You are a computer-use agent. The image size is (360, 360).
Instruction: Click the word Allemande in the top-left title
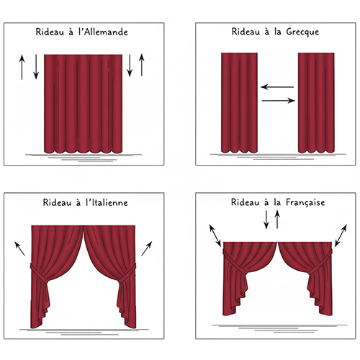(x=103, y=32)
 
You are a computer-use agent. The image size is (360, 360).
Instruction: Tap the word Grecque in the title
(x=302, y=32)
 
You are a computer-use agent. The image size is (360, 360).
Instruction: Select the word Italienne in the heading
(x=107, y=202)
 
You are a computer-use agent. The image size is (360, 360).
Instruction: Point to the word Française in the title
(x=305, y=202)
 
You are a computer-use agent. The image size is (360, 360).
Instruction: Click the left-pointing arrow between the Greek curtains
(x=277, y=87)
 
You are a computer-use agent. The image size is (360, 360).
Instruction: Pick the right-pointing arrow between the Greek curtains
(x=279, y=101)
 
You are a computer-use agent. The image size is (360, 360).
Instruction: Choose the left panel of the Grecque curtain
(x=239, y=103)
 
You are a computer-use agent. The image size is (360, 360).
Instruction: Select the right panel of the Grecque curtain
(x=316, y=103)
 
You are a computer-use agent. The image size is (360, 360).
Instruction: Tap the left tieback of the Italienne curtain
(x=38, y=272)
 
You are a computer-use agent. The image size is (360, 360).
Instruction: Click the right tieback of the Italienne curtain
(x=127, y=273)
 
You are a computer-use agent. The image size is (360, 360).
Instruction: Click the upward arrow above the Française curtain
(x=277, y=220)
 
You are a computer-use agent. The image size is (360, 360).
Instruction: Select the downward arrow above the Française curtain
(x=266, y=220)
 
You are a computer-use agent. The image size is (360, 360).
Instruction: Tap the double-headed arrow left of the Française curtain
(x=215, y=235)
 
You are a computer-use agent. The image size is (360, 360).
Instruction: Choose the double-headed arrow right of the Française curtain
(x=341, y=235)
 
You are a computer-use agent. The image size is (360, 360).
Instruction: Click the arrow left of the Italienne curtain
(x=20, y=248)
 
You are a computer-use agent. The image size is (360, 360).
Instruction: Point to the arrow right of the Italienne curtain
(x=147, y=248)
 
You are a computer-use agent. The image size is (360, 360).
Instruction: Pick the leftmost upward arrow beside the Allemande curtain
(x=22, y=67)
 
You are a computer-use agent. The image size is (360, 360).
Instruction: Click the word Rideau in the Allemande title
(x=50, y=32)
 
